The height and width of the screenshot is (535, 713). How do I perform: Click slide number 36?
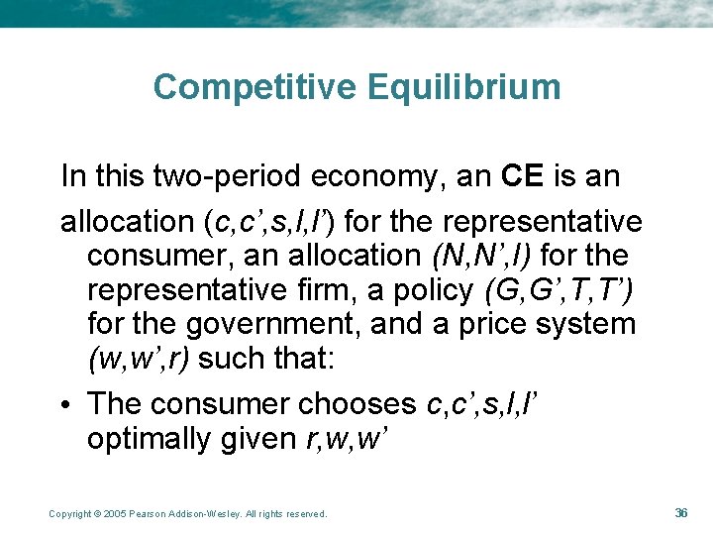point(680,512)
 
